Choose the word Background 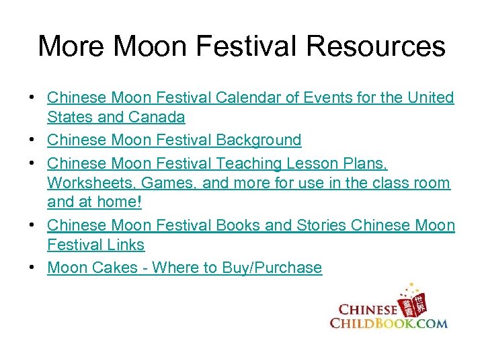pyautogui.click(x=258, y=140)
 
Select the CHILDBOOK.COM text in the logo pyautogui.click(x=389, y=323)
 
